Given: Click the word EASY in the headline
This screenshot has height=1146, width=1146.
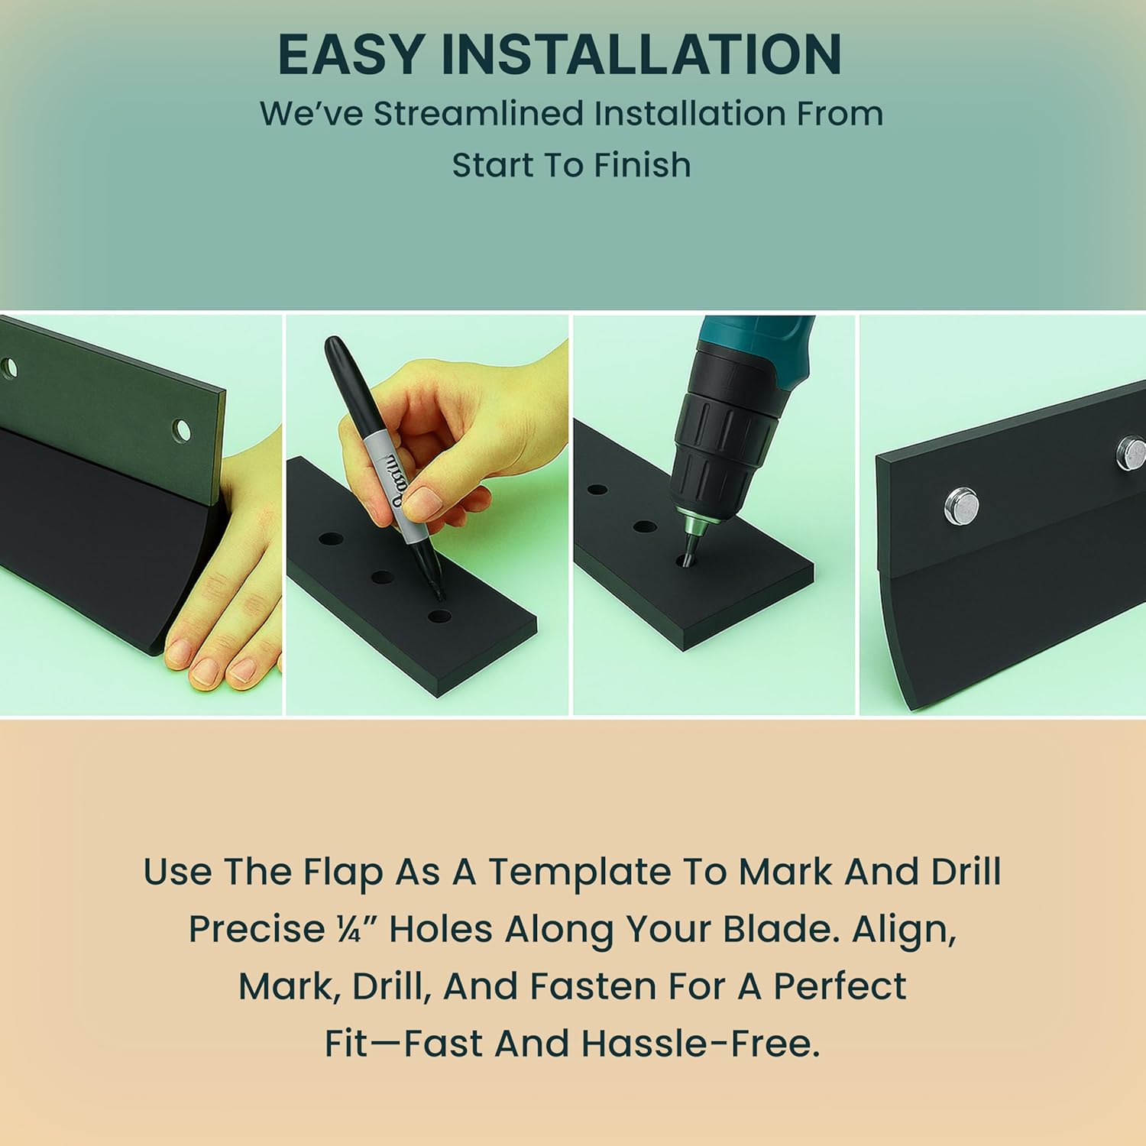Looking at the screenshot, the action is pos(351,54).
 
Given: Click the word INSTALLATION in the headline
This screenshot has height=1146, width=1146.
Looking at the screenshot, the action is pos(641,54).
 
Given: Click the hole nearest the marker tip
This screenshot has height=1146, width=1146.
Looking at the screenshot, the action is pos(439,616).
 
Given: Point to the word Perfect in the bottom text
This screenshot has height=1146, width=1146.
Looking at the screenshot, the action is pos(840,986).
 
